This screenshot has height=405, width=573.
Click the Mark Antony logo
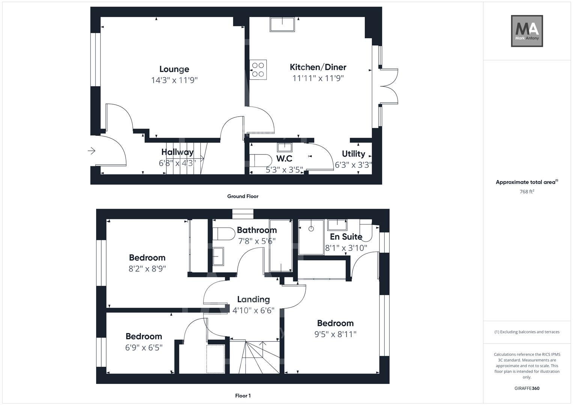click(x=526, y=31)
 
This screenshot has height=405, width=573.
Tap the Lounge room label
click(x=174, y=69)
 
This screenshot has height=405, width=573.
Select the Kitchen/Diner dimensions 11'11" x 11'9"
click(x=318, y=78)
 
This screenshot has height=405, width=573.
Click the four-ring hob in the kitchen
click(x=258, y=69)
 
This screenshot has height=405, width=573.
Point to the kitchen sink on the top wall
click(x=282, y=24)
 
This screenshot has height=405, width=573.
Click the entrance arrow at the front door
click(x=92, y=151)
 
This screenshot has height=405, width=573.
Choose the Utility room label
click(x=353, y=154)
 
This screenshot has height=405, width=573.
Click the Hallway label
click(x=177, y=152)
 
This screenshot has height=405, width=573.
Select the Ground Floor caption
click(x=242, y=196)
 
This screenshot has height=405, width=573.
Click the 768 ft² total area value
click(x=526, y=191)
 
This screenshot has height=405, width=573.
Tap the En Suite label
click(x=346, y=237)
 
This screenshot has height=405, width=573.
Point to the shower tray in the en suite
click(x=311, y=237)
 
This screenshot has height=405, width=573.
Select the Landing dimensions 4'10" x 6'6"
click(x=253, y=310)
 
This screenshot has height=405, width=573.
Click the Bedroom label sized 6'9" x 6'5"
click(x=144, y=336)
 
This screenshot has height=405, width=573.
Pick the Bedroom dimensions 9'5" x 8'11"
click(x=335, y=334)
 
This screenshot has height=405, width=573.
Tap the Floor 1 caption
click(x=242, y=396)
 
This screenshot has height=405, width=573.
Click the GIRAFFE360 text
click(x=526, y=388)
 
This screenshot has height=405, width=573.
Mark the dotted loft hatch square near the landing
click(x=215, y=358)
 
